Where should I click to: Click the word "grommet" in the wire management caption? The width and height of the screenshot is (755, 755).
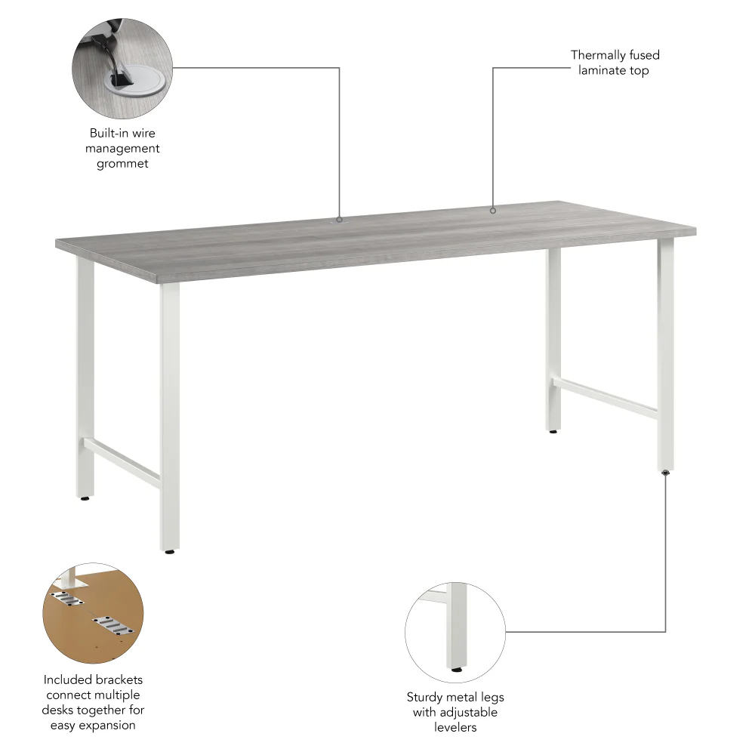pos(122,164)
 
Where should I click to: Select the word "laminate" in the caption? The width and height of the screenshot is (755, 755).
pos(599,70)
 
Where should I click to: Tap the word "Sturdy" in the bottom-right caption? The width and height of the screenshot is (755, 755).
pos(425,697)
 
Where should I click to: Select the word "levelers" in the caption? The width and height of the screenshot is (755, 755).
pos(455,727)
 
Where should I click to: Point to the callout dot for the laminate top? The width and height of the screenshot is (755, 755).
pos(493,211)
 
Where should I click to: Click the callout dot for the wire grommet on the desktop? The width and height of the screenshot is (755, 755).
pos(339,220)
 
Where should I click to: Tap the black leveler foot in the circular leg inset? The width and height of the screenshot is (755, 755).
pos(456,668)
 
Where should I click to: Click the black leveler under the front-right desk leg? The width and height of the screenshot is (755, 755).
pos(665,473)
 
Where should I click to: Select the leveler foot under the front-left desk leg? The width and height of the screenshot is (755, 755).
pos(170,552)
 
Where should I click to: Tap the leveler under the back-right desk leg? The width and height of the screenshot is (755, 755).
pos(554,432)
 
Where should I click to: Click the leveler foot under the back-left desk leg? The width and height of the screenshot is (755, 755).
pos(85,498)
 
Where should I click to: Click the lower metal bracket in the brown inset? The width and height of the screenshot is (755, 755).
pos(112,626)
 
